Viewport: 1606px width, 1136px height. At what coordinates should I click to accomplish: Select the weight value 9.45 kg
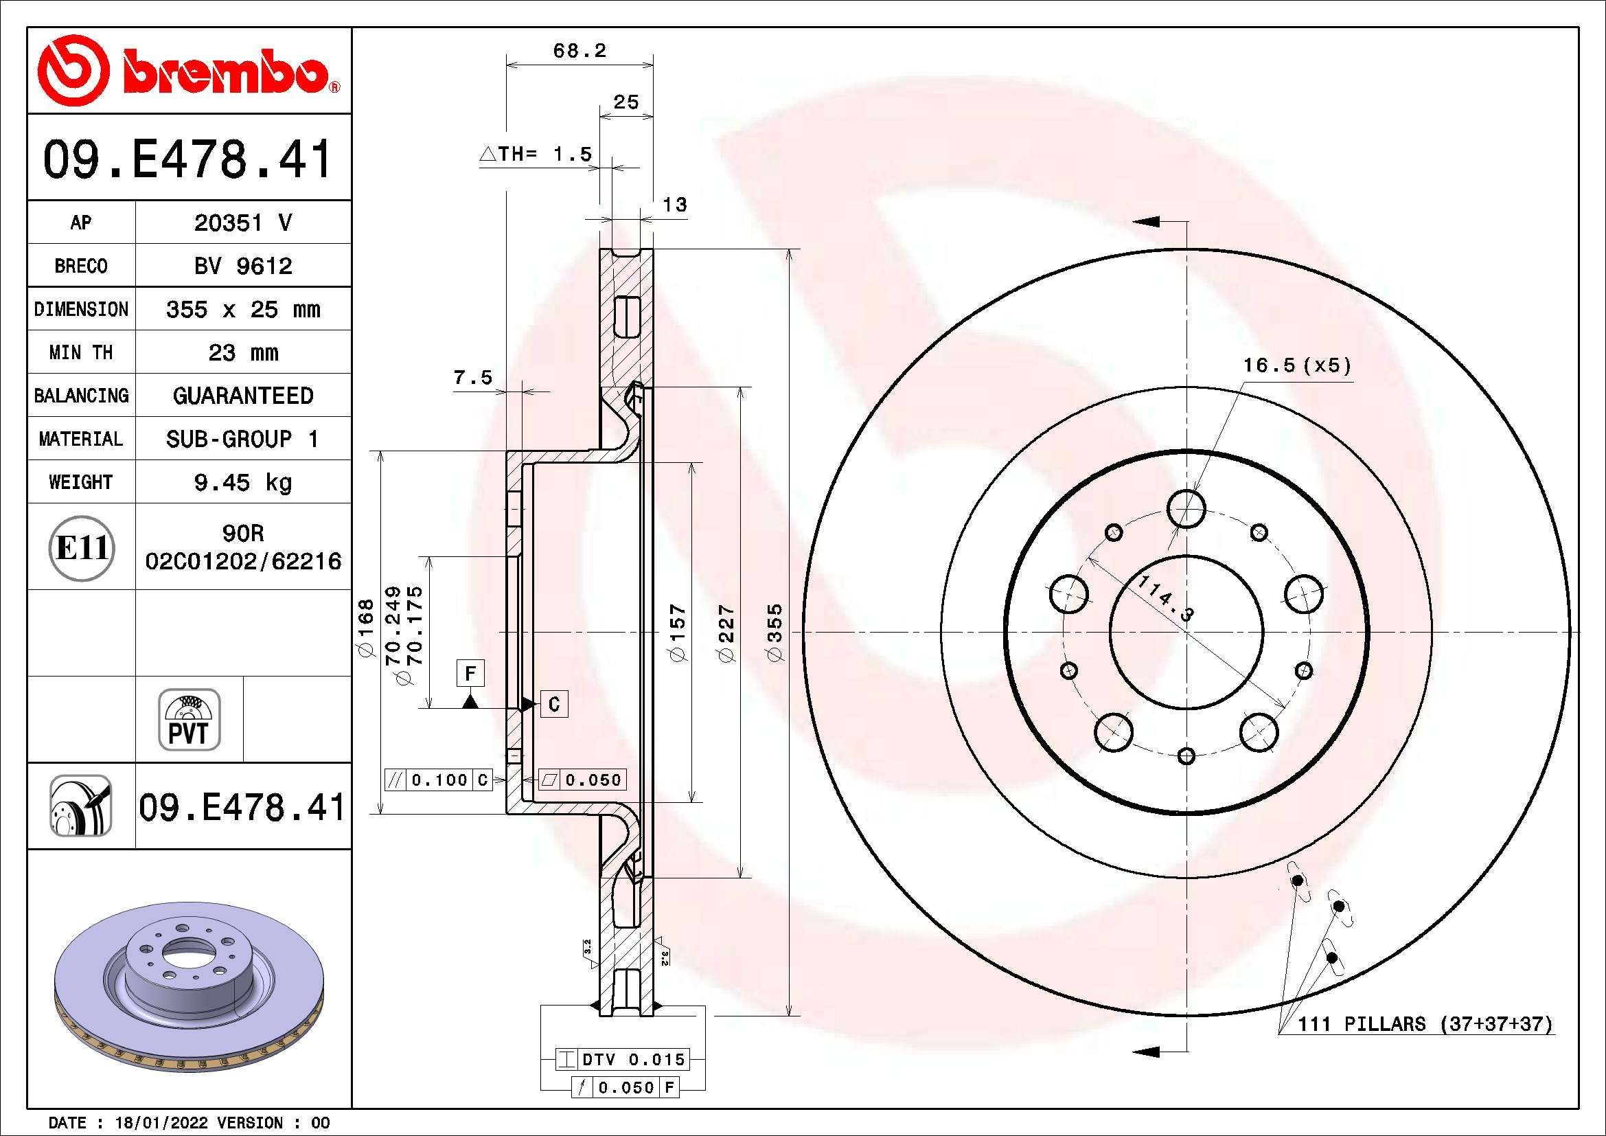coord(242,482)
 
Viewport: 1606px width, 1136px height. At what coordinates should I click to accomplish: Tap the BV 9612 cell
coord(242,266)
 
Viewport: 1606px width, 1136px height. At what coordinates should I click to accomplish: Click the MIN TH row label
coord(80,352)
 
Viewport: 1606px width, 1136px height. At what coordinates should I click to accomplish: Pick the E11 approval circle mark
coord(82,547)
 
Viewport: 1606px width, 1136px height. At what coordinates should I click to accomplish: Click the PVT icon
coord(189,719)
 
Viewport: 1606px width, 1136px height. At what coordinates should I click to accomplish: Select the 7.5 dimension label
coord(473,378)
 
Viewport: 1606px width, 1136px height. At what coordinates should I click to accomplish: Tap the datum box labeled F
coord(470,674)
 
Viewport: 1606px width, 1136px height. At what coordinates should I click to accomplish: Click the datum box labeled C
coord(554,704)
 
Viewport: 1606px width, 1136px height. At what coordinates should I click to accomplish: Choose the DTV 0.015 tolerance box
coord(623,1059)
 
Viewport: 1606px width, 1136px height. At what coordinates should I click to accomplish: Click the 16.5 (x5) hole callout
coord(1296,366)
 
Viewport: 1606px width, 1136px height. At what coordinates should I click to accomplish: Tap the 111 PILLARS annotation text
coord(1425,1024)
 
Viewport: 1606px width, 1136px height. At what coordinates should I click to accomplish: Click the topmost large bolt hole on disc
coord(1186,508)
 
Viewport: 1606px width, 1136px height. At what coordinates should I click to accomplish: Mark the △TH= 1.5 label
coord(536,154)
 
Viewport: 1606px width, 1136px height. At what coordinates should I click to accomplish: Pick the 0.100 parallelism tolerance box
coord(439,780)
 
